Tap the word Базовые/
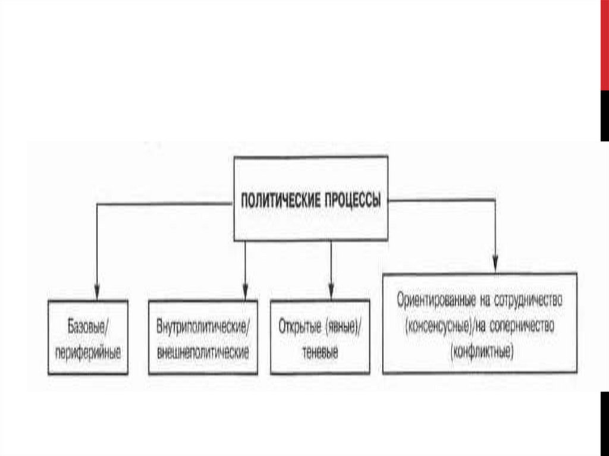pos(88,328)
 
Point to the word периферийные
pos(87,351)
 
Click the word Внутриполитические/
pos(203,328)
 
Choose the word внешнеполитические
pos(202,351)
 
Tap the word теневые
pos(320,351)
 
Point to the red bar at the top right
pos(604,45)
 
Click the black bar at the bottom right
pos(604,422)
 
